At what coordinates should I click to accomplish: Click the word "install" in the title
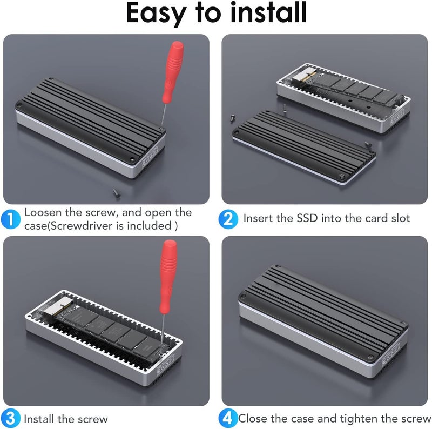(268, 12)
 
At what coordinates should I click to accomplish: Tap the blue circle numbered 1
(10, 219)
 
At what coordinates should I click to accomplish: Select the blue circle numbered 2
(228, 219)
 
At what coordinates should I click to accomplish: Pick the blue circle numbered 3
(10, 418)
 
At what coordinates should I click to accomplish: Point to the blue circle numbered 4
(228, 418)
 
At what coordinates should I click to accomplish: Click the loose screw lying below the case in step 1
(117, 193)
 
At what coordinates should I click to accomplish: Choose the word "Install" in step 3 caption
(38, 419)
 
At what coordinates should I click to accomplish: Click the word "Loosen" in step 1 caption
(43, 212)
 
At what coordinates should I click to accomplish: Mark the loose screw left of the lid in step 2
(233, 118)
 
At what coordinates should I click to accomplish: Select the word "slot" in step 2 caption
(401, 218)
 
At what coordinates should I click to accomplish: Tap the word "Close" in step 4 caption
(253, 419)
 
